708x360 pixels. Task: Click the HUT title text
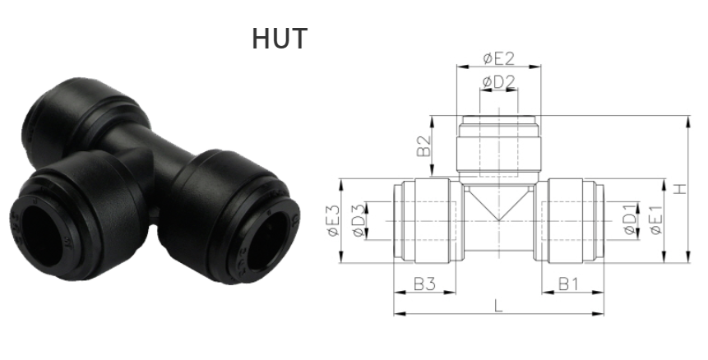pos(280,38)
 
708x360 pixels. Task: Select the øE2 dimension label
pos(498,58)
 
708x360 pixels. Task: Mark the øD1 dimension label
pos(629,220)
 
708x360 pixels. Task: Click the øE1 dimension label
pos(655,220)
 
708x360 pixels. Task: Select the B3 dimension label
pos(424,284)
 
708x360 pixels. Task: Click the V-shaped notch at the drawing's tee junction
pos(498,209)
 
